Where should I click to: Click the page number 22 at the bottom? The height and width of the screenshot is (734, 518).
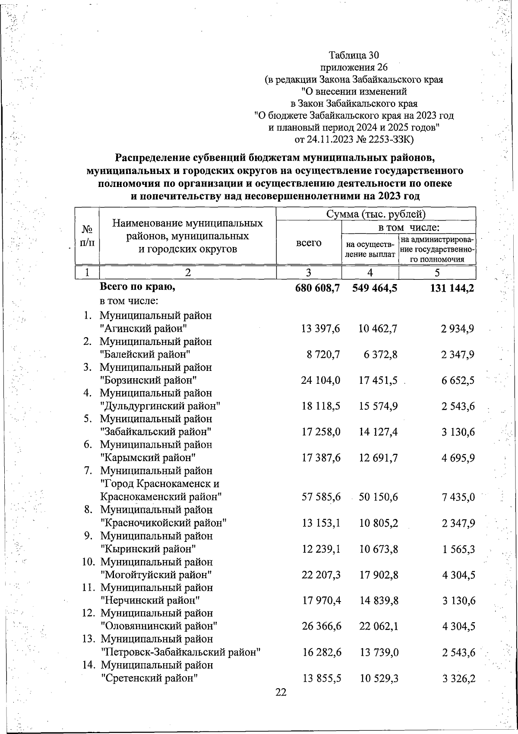(281, 693)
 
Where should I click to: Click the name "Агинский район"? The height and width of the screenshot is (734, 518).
(143, 329)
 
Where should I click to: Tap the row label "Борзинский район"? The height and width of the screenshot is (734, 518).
(148, 380)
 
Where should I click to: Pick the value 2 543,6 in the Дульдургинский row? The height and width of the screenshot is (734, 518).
(458, 406)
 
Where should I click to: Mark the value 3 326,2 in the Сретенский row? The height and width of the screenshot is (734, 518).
(459, 678)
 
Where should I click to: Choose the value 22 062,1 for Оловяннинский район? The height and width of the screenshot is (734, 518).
(379, 626)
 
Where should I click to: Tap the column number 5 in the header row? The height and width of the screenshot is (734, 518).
(437, 272)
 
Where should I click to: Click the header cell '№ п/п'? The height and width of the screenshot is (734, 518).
(87, 236)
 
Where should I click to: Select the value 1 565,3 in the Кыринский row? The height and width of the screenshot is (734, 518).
(458, 549)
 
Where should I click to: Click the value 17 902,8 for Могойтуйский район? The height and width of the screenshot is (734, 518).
(379, 575)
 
